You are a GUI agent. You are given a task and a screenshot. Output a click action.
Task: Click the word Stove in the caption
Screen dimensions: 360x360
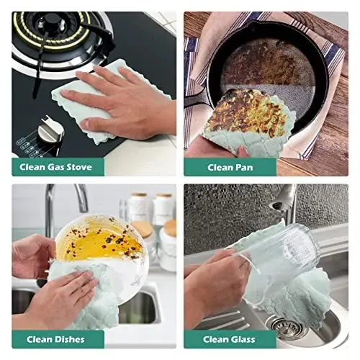pyautogui.click(x=79, y=167)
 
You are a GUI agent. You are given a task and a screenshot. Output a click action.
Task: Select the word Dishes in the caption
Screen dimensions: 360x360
pyautogui.click(x=70, y=339)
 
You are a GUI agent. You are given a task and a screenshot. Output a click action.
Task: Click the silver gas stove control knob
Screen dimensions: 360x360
pyautogui.click(x=51, y=129)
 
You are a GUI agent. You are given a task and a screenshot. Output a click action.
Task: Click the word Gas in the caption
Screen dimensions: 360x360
pyautogui.click(x=56, y=167)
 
